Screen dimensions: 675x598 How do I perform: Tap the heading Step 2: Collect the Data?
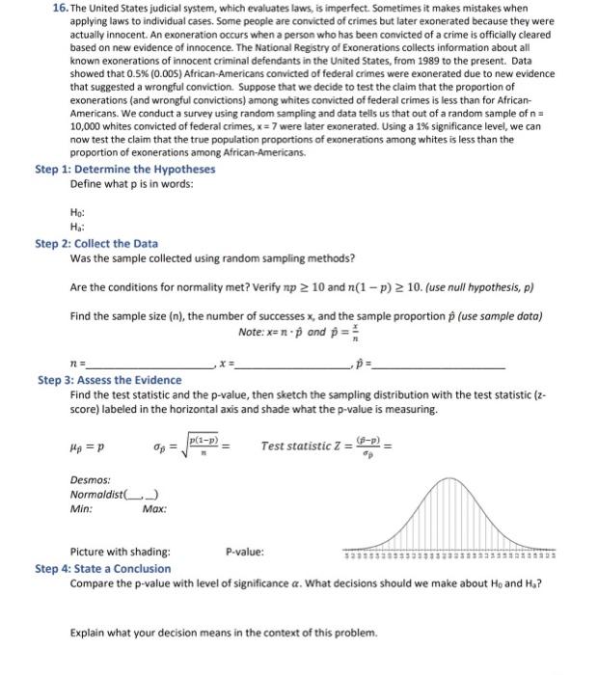point(96,243)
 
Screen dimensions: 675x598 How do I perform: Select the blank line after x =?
point(289,366)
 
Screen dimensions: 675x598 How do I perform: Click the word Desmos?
point(90,479)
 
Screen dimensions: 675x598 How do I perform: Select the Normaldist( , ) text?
point(104,495)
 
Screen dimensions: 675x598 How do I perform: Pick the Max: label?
point(154,508)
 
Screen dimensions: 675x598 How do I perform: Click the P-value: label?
point(243,552)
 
